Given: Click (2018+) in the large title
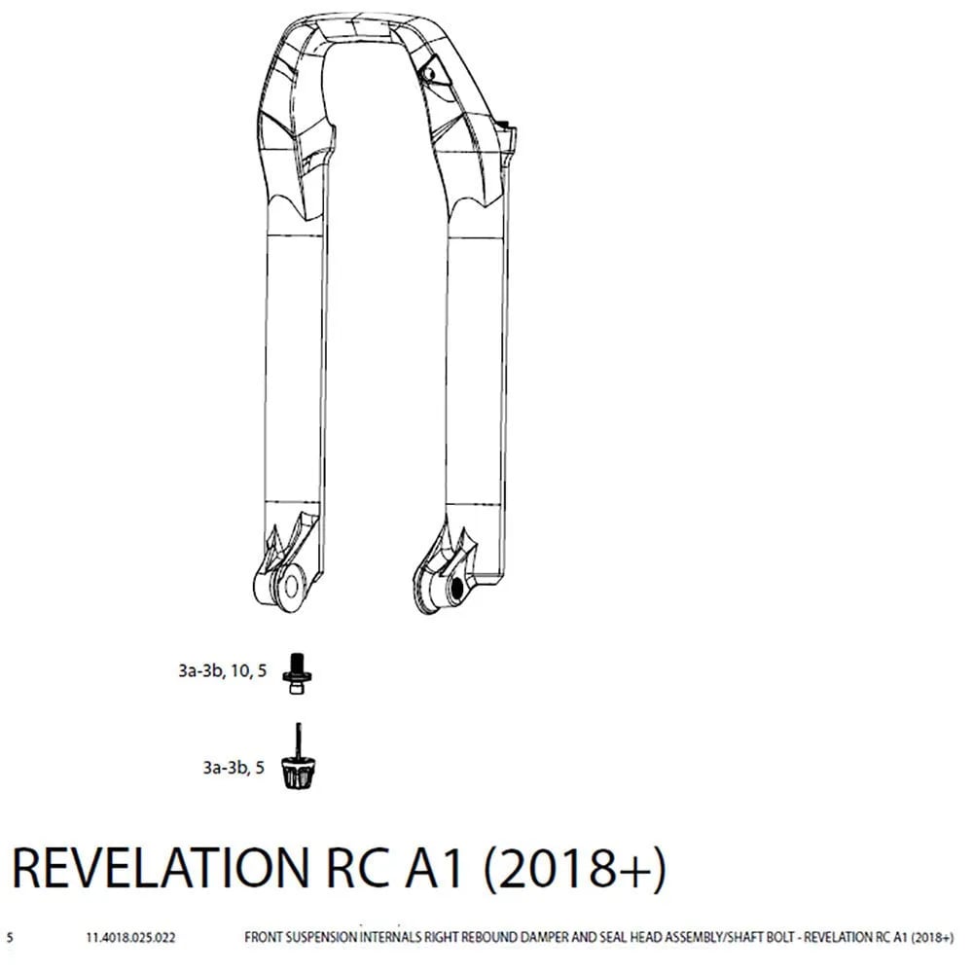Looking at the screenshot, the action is (574, 868).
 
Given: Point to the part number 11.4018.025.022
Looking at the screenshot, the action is (130, 937).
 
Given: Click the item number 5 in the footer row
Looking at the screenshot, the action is (10, 937).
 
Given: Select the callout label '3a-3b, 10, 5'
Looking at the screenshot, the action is (222, 671).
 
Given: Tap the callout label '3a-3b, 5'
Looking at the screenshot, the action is (234, 769).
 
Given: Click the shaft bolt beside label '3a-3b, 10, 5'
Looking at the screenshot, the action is (297, 672).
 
